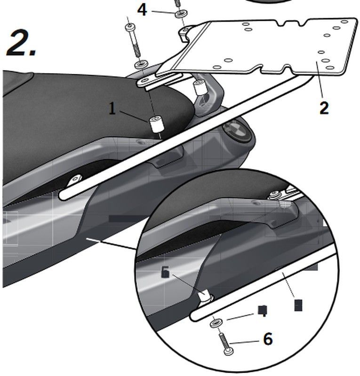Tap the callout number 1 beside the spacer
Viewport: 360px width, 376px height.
point(112,109)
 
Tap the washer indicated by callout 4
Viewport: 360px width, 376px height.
point(180,14)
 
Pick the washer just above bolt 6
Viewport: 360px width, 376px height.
point(216,323)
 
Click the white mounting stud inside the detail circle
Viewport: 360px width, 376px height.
point(205,296)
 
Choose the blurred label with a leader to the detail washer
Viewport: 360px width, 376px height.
point(264,310)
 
